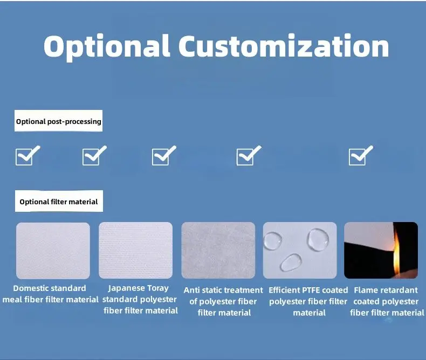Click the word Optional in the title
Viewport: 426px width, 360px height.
pos(107,47)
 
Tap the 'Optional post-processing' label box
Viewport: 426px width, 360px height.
pos(58,121)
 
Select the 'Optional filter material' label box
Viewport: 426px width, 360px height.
pos(59,201)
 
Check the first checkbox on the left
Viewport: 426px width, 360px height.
pos(28,156)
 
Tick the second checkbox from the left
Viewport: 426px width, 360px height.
pos(94,156)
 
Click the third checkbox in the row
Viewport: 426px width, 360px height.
pos(164,156)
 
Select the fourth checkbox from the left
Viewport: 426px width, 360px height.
pos(249,156)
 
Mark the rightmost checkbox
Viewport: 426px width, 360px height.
pos(361,156)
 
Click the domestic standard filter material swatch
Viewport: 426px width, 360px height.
pos(53,251)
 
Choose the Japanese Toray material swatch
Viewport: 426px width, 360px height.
pos(135,250)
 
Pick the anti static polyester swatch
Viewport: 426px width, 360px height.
pos(218,250)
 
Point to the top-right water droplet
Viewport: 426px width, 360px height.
pos(318,239)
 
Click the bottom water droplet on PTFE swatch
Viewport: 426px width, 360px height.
pos(291,262)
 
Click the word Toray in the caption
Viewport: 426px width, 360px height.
pos(158,288)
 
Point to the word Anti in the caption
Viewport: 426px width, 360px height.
pos(191,290)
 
